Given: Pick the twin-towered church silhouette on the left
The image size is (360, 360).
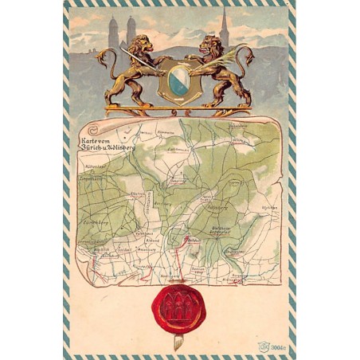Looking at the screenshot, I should pyautogui.click(x=122, y=33).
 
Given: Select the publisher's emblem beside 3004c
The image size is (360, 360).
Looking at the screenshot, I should pyautogui.click(x=263, y=347).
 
